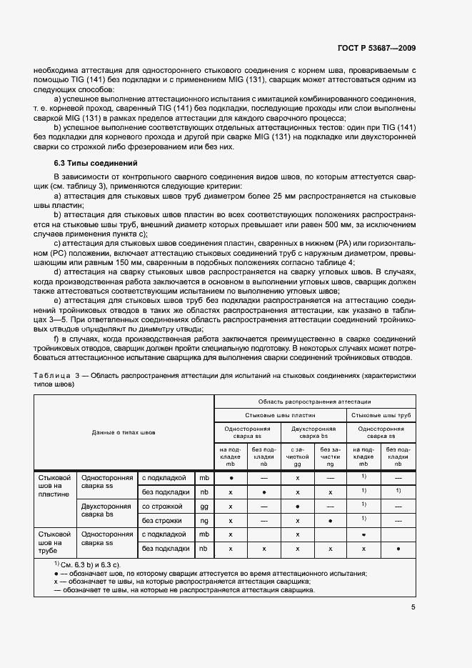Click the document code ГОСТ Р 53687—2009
tap(376, 48)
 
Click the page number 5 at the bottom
tap(413, 607)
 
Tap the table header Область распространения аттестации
tap(315, 402)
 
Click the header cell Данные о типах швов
tap(124, 432)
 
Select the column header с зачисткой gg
tap(297, 457)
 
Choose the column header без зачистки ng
tap(330, 457)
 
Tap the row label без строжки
tap(166, 520)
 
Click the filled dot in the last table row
tap(398, 549)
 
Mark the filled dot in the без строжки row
tap(330, 520)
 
